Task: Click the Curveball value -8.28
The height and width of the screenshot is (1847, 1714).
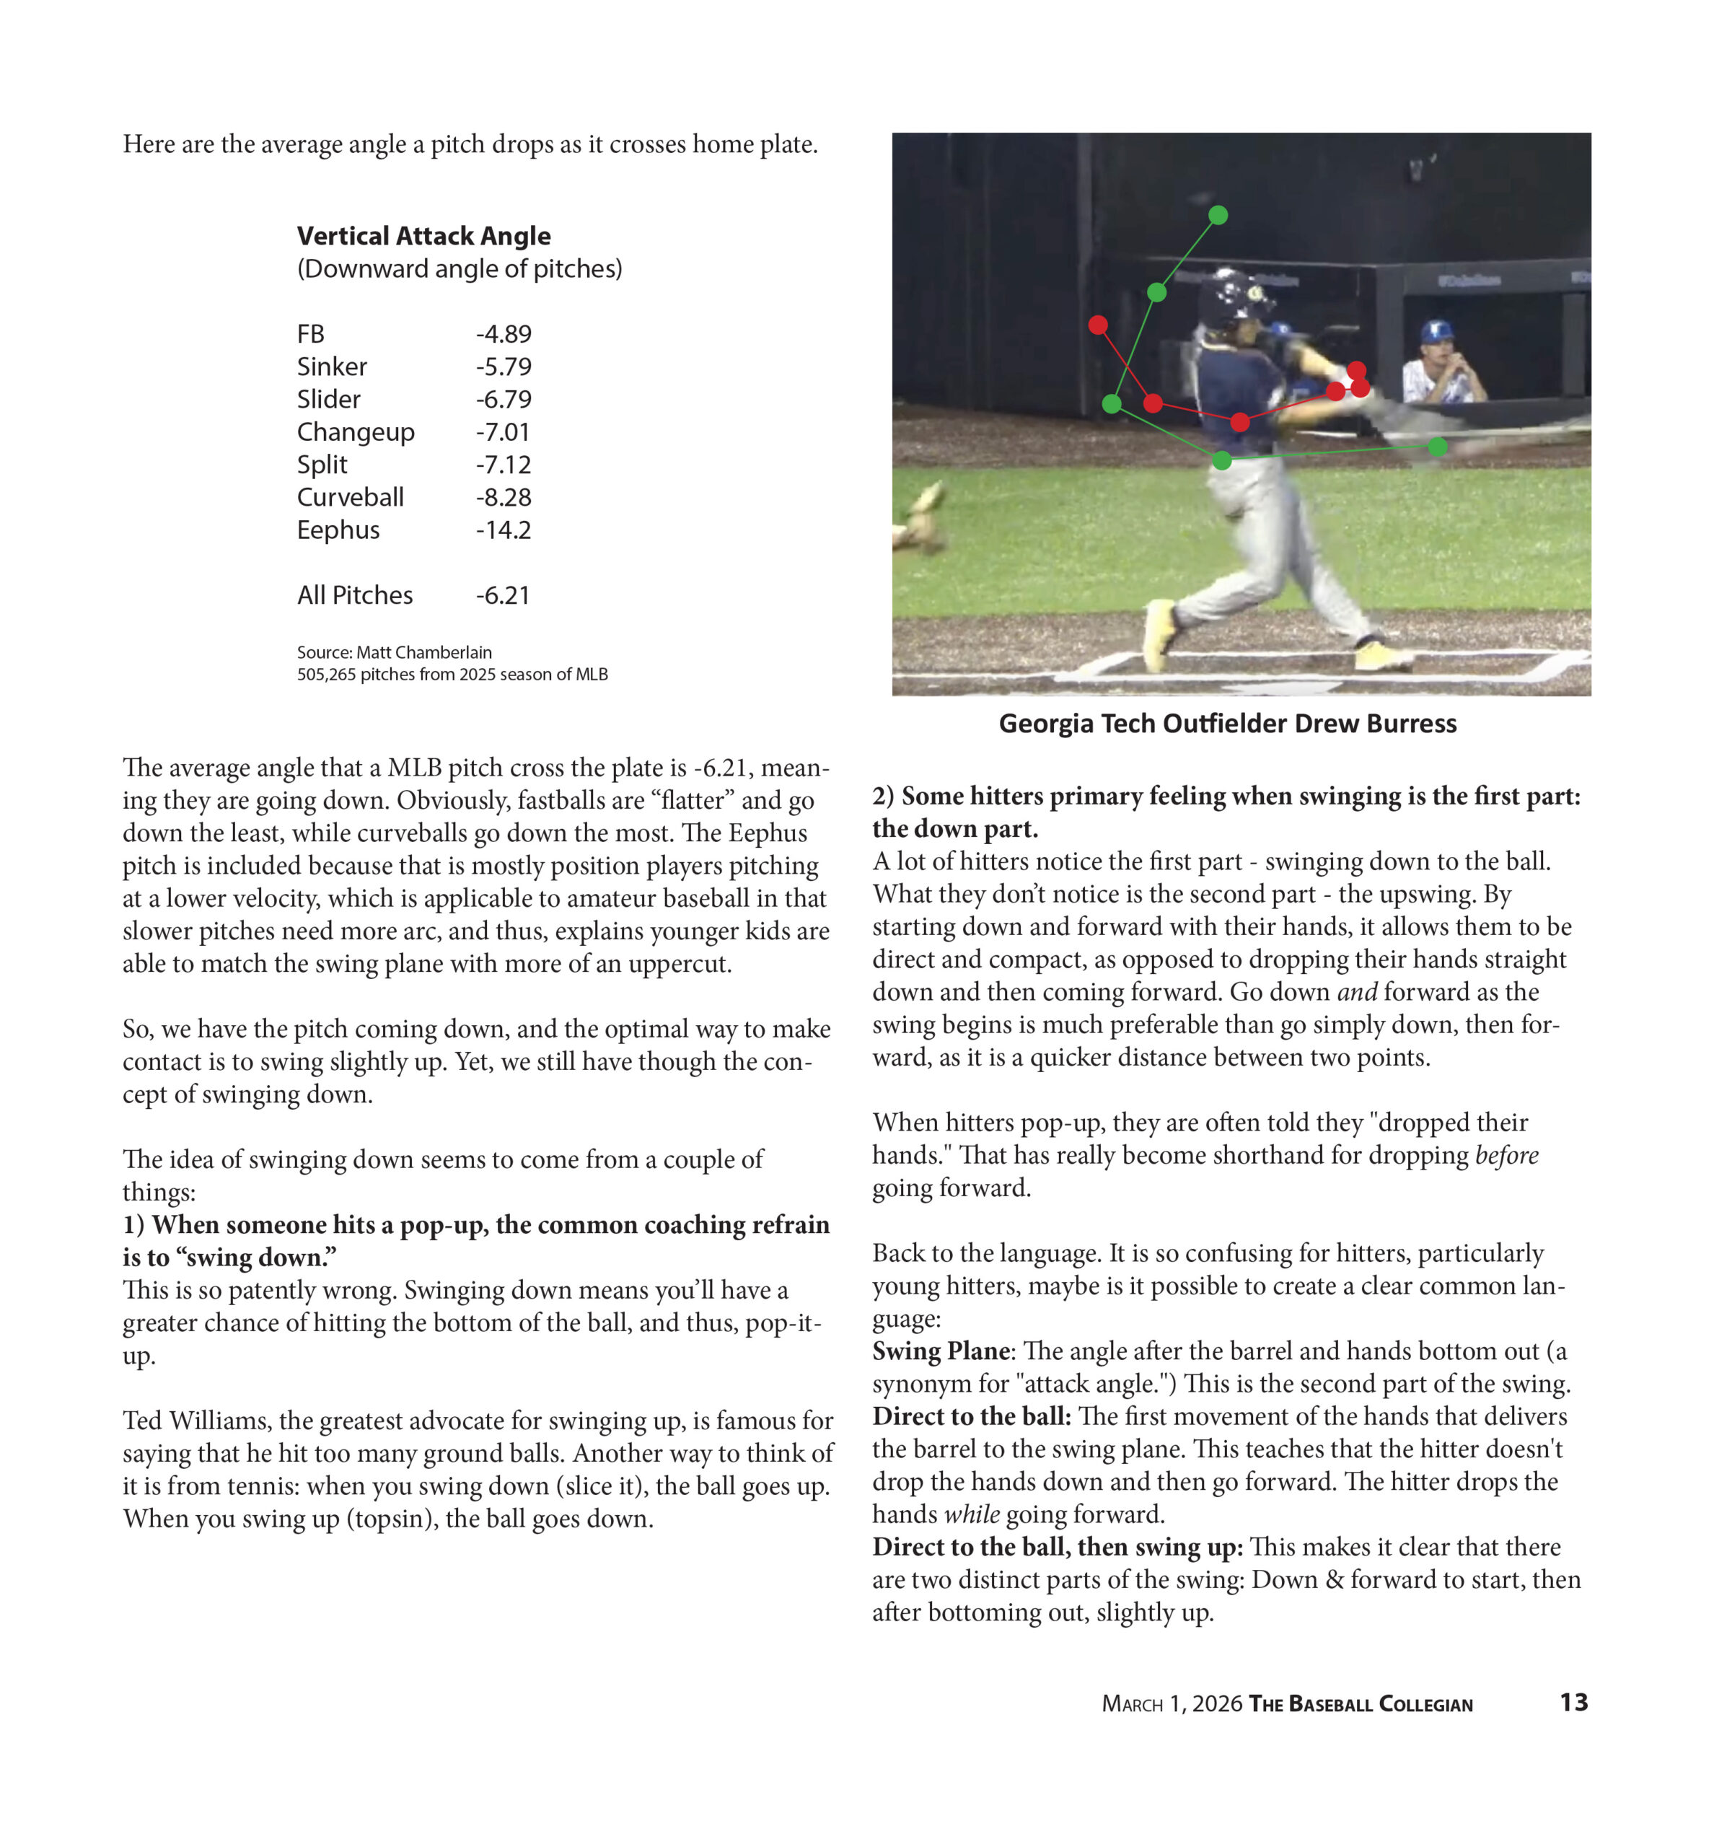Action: click(x=503, y=497)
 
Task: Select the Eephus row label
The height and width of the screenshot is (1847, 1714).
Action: click(x=338, y=530)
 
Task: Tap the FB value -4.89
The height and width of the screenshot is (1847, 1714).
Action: click(x=503, y=334)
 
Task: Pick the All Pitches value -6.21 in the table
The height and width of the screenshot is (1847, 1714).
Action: click(x=502, y=595)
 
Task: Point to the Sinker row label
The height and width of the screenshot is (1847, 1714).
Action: click(x=331, y=367)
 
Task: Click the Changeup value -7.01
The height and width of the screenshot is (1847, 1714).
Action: click(x=502, y=432)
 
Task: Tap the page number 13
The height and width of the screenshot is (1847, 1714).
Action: click(x=1573, y=1702)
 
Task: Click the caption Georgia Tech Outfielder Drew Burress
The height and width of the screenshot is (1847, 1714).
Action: click(x=1227, y=724)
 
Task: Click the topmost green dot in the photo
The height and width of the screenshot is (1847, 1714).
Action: click(x=1218, y=215)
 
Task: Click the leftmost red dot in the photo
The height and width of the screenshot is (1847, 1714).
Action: click(x=1098, y=325)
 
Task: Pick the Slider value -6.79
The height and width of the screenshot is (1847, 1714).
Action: click(x=503, y=400)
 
